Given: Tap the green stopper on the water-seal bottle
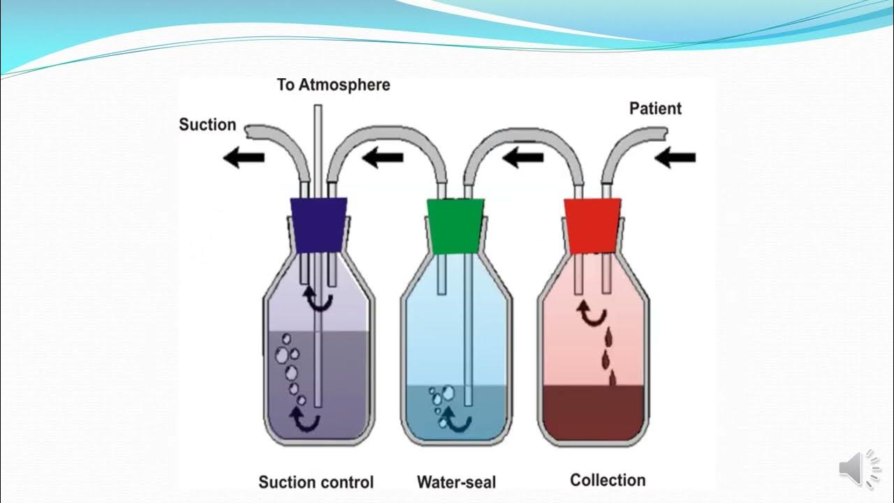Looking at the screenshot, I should click(456, 226).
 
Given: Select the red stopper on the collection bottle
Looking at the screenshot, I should click(593, 224).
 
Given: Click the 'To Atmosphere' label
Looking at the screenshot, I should click(333, 85).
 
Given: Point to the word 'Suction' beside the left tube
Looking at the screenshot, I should click(207, 125).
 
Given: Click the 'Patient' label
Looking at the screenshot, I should click(655, 108).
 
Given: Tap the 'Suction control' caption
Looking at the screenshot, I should click(316, 482).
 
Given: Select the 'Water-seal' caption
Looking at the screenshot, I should click(456, 482).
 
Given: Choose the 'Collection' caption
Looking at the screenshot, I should click(608, 480).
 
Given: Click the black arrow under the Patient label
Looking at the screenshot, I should click(675, 159).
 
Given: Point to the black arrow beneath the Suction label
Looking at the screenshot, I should click(243, 159).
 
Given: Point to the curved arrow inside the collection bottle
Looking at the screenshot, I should click(591, 314).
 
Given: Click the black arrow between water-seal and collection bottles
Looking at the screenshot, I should click(522, 159).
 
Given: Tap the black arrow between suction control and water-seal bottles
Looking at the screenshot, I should click(383, 159).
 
